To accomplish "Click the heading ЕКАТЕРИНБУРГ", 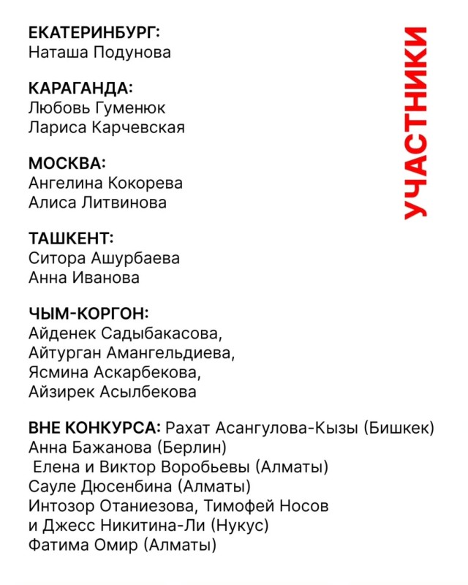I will point(94,32).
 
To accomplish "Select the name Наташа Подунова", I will point(99,52).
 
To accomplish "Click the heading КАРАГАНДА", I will point(80,88).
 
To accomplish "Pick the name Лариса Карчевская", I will point(106,127).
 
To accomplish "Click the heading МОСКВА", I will point(67,163).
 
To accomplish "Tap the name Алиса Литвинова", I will point(97,203).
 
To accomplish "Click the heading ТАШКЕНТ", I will point(71,239).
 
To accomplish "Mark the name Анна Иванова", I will point(83,278).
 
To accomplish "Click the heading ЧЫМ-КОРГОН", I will point(88,314).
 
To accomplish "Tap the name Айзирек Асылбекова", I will point(112,392).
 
